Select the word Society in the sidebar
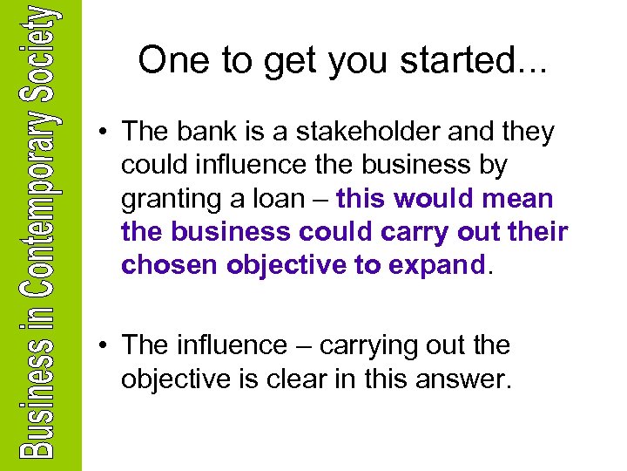[x=40, y=44]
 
